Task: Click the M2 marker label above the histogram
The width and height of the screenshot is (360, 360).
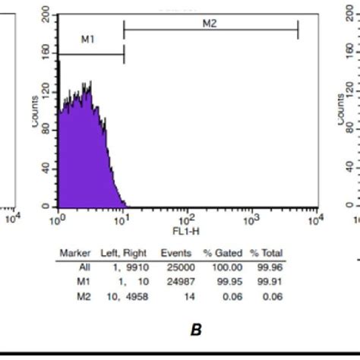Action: tap(210, 24)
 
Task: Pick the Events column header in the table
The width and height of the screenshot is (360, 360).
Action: tap(175, 253)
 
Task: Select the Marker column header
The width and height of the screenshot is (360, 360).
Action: tap(75, 253)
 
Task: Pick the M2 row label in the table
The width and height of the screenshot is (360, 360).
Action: tap(84, 291)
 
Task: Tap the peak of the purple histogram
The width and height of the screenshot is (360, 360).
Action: tap(90, 83)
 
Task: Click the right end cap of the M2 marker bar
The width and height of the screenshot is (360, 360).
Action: tap(298, 30)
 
